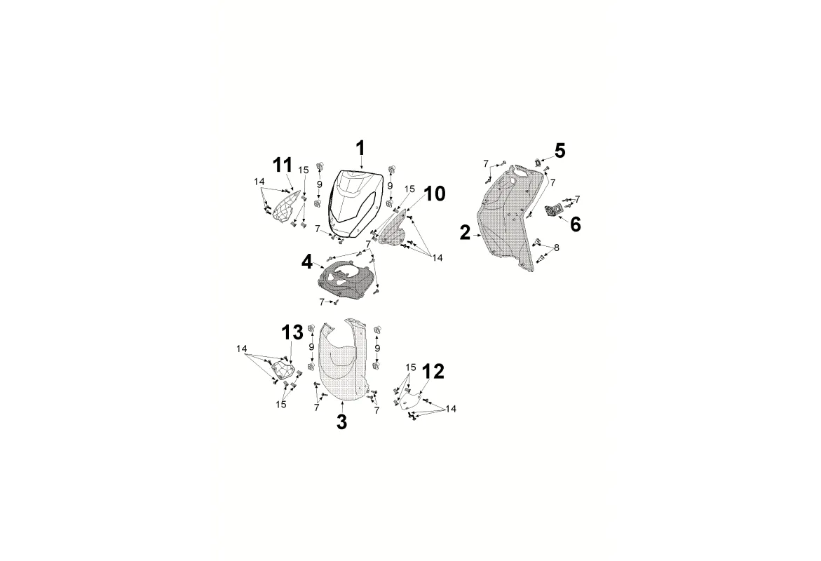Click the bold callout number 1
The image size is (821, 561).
[360, 149]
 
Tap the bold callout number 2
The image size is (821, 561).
[465, 234]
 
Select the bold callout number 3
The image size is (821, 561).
[341, 422]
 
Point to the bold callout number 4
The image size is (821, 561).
[307, 262]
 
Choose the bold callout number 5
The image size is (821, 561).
[559, 151]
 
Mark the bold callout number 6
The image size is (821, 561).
[575, 224]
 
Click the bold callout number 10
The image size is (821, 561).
[435, 194]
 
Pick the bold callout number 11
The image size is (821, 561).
[282, 165]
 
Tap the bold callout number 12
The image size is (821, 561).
[433, 372]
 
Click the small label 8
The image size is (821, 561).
[557, 248]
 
